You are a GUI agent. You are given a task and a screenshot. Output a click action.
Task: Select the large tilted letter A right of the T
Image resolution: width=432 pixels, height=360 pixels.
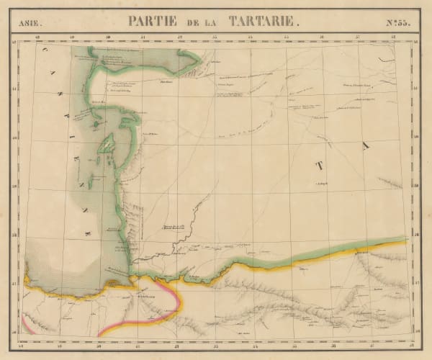pyautogui.click(x=365, y=146)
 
